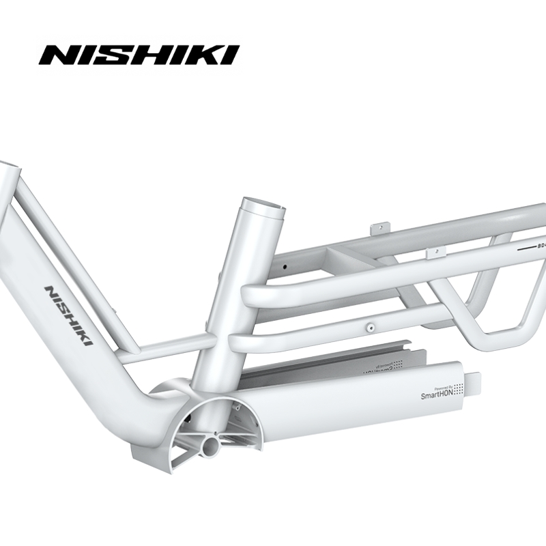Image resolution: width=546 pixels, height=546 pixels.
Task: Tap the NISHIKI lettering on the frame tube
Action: point(69,315)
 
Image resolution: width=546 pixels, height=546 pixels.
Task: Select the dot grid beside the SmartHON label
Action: point(459,389)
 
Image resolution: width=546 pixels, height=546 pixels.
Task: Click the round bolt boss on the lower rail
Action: point(369,326)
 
